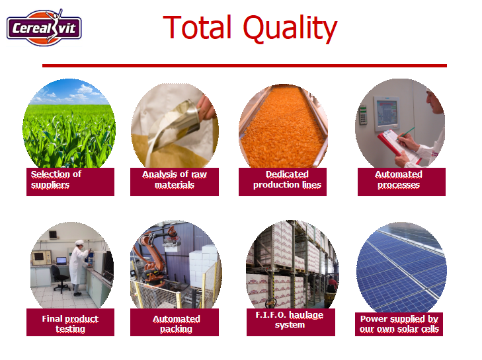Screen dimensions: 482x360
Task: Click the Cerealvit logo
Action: (x=44, y=27)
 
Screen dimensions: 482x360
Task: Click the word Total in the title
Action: (x=197, y=27)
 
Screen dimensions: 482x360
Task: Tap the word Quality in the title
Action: (x=290, y=28)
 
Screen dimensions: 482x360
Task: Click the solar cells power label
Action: (x=399, y=324)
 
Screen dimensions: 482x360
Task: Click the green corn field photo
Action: (x=69, y=123)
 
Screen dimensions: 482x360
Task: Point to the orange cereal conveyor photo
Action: (x=283, y=126)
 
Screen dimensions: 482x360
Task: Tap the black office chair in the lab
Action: (x=60, y=279)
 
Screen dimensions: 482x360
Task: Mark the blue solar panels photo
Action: (x=401, y=268)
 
